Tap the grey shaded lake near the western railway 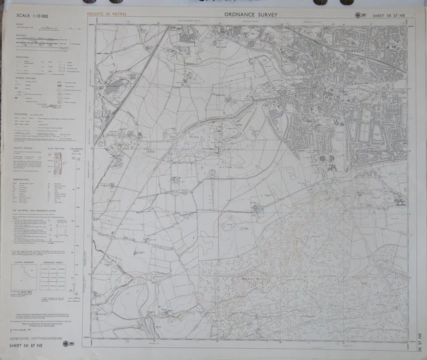pos(114,86)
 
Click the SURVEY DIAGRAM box pos(26,278)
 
